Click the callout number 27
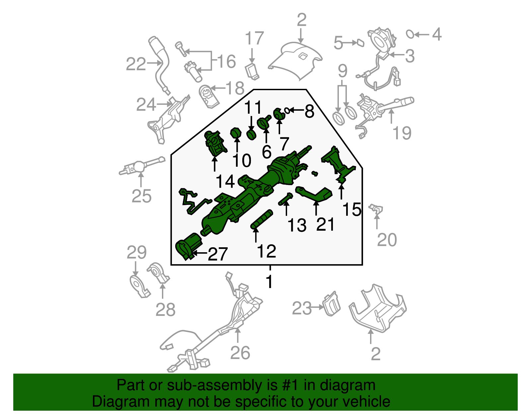tap(217, 254)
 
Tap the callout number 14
tap(225, 182)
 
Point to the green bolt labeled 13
tap(285, 200)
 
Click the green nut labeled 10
tap(236, 133)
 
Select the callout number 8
tap(309, 111)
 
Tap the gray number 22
tap(136, 64)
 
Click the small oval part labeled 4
tap(410, 34)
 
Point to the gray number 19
tap(402, 133)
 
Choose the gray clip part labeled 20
tap(377, 209)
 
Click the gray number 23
tap(302, 308)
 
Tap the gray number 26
tap(240, 353)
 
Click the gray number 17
tap(254, 39)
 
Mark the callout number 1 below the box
tap(269, 282)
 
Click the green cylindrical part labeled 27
tap(188, 246)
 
